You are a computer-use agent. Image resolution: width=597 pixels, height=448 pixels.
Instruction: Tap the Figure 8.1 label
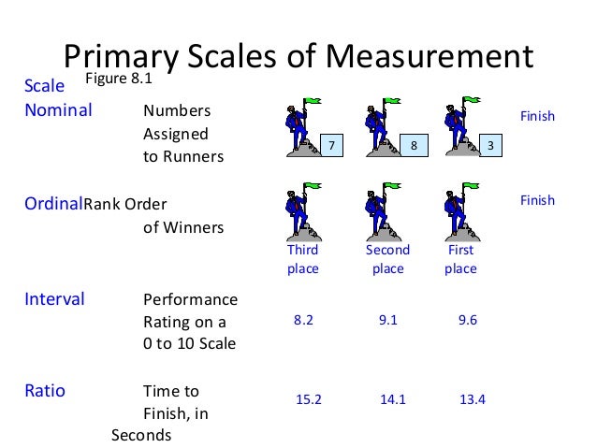[x=119, y=79]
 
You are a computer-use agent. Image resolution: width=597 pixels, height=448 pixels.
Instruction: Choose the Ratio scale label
[x=44, y=391]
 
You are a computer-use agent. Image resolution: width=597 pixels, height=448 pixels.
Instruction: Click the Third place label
[x=302, y=259]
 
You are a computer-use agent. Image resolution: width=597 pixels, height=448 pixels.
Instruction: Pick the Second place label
[x=387, y=259]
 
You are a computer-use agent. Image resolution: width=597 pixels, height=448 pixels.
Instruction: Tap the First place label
[x=460, y=259]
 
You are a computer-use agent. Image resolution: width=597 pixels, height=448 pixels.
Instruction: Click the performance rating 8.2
[x=303, y=320]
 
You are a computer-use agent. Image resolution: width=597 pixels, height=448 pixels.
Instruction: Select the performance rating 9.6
[x=468, y=320]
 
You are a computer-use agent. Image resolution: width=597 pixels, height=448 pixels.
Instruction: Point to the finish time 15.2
[x=308, y=399]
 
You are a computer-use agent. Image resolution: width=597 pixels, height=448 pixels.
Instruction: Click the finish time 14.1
[x=391, y=399]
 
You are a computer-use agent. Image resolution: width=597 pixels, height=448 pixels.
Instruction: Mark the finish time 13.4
[x=473, y=399]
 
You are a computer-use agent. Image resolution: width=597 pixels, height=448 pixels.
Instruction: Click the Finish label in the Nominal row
[x=537, y=117]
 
